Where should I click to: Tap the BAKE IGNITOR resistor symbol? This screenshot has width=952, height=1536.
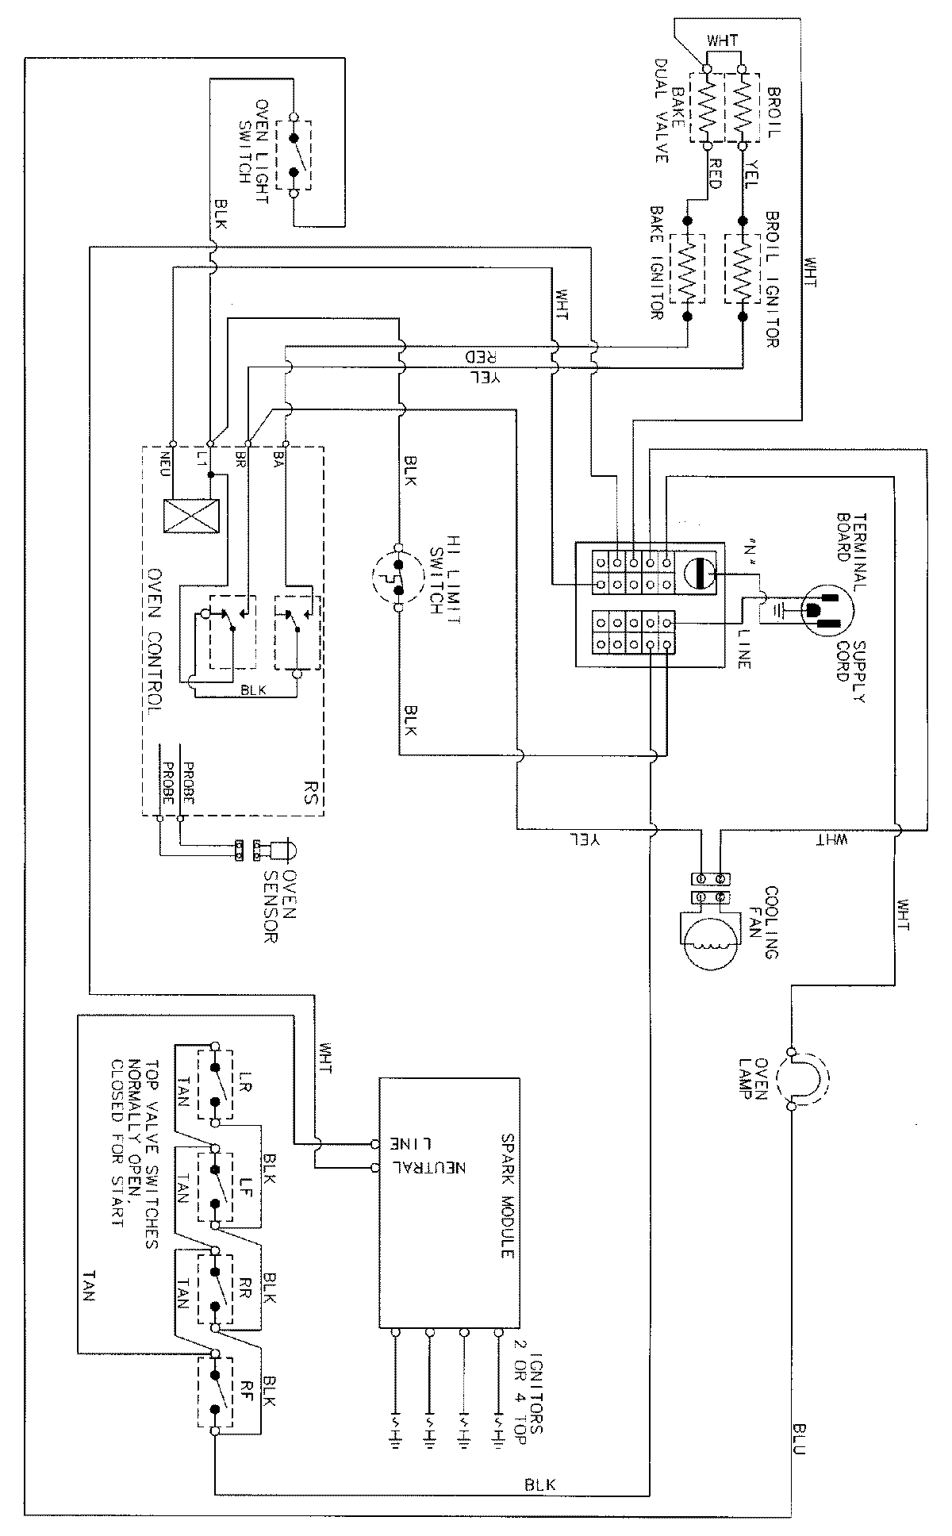688,268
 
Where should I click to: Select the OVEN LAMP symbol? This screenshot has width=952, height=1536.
803,1079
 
